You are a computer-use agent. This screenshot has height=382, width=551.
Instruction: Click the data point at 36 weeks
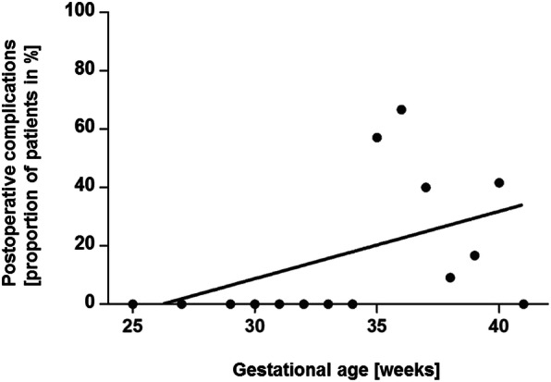pyautogui.click(x=401, y=109)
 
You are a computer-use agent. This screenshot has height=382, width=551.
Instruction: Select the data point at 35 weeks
pyautogui.click(x=377, y=138)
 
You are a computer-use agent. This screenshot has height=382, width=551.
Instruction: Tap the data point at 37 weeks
pyautogui.click(x=426, y=187)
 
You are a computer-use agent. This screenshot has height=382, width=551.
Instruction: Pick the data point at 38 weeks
pyautogui.click(x=450, y=277)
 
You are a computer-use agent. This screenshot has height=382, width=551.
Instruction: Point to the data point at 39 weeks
pyautogui.click(x=474, y=255)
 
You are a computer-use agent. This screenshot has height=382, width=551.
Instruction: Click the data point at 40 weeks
pyautogui.click(x=499, y=182)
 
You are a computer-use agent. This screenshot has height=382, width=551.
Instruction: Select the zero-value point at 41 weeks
pyautogui.click(x=523, y=303)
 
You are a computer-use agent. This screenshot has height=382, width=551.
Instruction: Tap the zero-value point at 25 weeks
pyautogui.click(x=133, y=303)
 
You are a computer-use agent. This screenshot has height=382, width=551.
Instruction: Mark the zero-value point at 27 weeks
pyautogui.click(x=181, y=303)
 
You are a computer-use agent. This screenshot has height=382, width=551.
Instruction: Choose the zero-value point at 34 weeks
pyautogui.click(x=352, y=303)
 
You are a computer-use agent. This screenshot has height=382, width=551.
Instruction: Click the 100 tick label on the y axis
pyautogui.click(x=87, y=12)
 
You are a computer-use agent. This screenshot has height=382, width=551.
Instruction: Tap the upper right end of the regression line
pyautogui.click(x=522, y=205)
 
